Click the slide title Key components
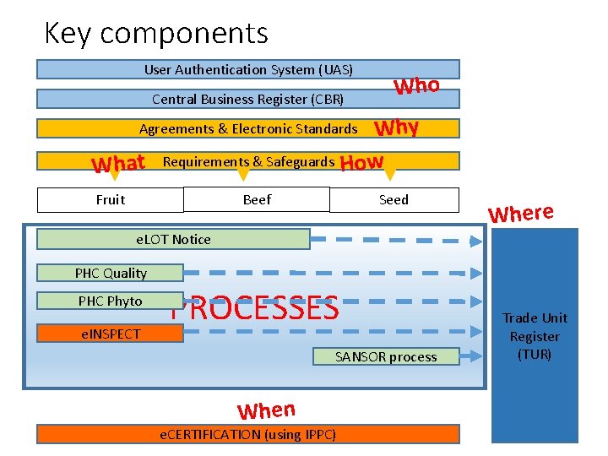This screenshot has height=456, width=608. (156, 34)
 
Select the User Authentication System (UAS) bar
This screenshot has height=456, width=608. (248, 69)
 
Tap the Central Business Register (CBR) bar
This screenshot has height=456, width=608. (248, 99)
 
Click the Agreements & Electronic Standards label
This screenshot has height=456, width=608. (248, 128)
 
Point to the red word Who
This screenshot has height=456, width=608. (416, 85)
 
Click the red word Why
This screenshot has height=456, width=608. (397, 128)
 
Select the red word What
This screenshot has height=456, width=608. (118, 163)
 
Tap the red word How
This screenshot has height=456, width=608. (361, 162)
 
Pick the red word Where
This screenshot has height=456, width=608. (520, 213)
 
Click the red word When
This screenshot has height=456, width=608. (266, 410)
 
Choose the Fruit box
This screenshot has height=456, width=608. (111, 200)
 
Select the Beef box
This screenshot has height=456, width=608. (257, 200)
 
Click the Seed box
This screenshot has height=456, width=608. (394, 200)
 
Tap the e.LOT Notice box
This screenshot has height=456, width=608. (173, 239)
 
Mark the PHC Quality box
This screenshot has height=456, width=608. (111, 273)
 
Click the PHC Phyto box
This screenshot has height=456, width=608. (111, 301)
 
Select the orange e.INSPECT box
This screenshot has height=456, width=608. (111, 334)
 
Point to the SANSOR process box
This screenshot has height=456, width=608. (386, 356)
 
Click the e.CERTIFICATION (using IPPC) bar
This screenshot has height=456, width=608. (248, 434)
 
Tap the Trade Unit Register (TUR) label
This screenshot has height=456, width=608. (535, 336)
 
